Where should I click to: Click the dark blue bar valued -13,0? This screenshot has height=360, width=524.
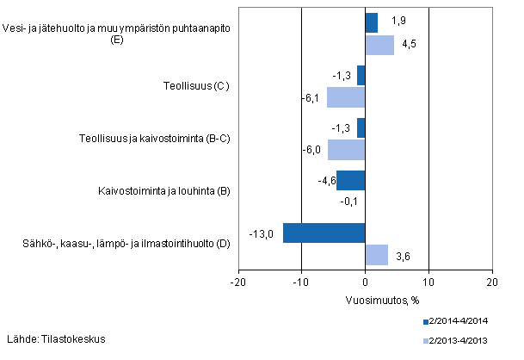click(x=324, y=233)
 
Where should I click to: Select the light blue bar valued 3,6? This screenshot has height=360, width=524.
click(x=376, y=254)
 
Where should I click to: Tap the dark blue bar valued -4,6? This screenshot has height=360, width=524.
click(x=350, y=181)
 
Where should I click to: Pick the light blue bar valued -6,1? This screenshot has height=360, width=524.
click(x=346, y=97)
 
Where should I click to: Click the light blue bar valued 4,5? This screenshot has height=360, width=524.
click(x=379, y=45)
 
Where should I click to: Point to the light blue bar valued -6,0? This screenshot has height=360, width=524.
click(x=346, y=149)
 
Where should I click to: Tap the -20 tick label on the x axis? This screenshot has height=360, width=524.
click(x=238, y=282)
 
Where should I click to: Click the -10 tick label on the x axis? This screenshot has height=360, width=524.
click(x=301, y=282)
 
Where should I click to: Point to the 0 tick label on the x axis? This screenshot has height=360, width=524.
click(x=365, y=282)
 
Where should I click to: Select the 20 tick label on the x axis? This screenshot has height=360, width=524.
click(x=491, y=282)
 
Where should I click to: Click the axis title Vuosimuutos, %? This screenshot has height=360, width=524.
click(x=365, y=299)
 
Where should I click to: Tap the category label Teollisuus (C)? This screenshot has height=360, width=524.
click(x=197, y=86)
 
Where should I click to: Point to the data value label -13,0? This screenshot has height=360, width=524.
click(x=262, y=233)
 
